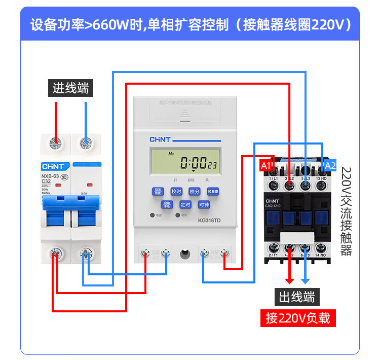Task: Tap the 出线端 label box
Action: tap(297, 297)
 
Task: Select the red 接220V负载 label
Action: tap(297, 318)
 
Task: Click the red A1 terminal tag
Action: tap(266, 165)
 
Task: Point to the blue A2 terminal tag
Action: tap(329, 165)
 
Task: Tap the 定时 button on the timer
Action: tap(185, 205)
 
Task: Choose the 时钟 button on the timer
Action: tap(204, 205)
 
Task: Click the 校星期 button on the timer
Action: tap(212, 191)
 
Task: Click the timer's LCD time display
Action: tap(185, 162)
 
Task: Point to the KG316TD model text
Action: tap(210, 221)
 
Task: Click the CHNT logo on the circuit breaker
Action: tap(53, 166)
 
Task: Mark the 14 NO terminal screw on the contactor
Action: tap(320, 247)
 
